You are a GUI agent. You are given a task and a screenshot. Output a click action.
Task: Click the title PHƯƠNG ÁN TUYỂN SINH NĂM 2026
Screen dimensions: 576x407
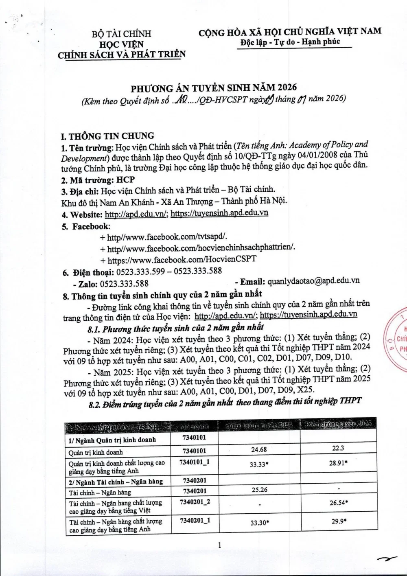[x=213, y=88]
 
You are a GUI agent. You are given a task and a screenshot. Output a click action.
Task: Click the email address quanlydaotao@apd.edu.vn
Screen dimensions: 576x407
[x=314, y=281]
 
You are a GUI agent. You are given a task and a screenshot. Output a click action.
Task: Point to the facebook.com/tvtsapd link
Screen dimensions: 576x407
[x=167, y=237]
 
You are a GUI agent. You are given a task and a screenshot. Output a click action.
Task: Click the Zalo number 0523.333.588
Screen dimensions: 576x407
[x=124, y=283]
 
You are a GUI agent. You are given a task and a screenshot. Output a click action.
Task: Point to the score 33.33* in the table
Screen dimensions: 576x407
[x=259, y=464]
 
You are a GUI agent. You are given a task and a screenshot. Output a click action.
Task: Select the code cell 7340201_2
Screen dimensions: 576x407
[x=195, y=502]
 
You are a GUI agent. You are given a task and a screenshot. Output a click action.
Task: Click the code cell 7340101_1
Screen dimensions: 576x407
[x=195, y=462]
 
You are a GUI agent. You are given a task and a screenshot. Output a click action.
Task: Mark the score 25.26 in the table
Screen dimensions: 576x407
[x=259, y=490]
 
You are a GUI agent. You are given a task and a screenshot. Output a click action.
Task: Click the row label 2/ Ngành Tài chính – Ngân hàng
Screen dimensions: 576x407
[x=116, y=482]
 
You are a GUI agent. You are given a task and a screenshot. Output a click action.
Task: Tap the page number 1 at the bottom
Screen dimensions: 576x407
[x=219, y=545]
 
